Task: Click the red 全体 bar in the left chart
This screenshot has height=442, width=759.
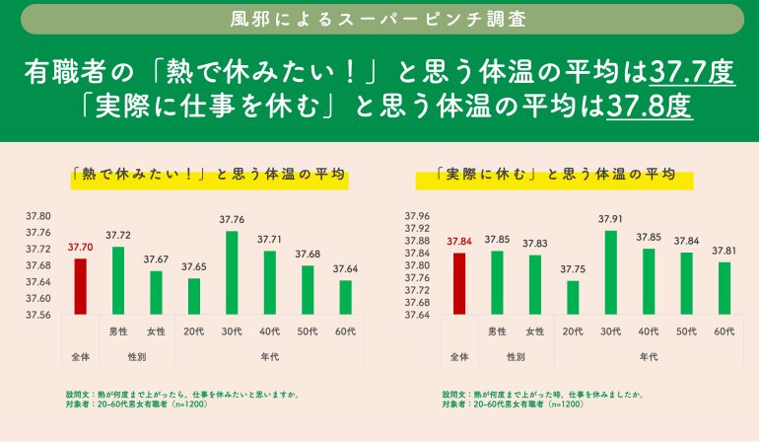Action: tap(81, 286)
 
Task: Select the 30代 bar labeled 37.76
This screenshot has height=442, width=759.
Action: tap(232, 272)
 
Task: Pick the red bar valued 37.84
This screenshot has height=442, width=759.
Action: tap(458, 283)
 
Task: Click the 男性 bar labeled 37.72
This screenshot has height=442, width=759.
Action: tap(118, 280)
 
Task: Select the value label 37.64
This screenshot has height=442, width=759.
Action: tap(345, 268)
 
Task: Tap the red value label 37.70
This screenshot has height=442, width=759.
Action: tap(81, 248)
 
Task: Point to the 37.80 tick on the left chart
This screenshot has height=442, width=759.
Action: tap(38, 215)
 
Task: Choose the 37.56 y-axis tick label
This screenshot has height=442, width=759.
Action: tap(38, 315)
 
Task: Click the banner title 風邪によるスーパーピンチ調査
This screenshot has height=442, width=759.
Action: tap(379, 19)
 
